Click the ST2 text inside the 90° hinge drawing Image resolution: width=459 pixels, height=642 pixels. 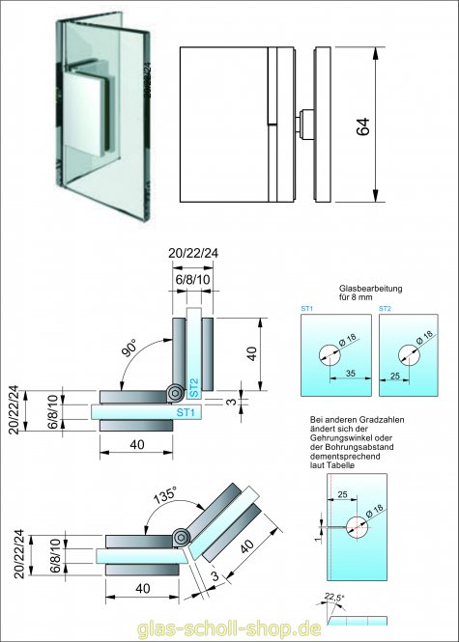(x=194, y=388)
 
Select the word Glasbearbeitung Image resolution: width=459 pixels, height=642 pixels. (x=368, y=289)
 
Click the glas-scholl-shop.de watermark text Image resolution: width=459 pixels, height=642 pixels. (x=229, y=627)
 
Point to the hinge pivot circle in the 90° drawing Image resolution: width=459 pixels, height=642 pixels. (x=174, y=394)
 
